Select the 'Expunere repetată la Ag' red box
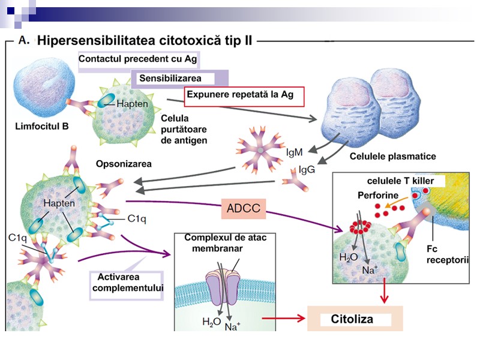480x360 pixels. (x=245, y=95)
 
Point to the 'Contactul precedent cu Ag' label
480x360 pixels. (x=137, y=60)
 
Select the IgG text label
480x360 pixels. (x=307, y=170)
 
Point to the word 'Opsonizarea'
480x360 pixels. (x=124, y=163)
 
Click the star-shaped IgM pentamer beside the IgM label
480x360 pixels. (x=259, y=149)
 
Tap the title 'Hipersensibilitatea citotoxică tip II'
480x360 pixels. (x=145, y=41)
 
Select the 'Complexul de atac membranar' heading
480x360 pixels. (x=225, y=243)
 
